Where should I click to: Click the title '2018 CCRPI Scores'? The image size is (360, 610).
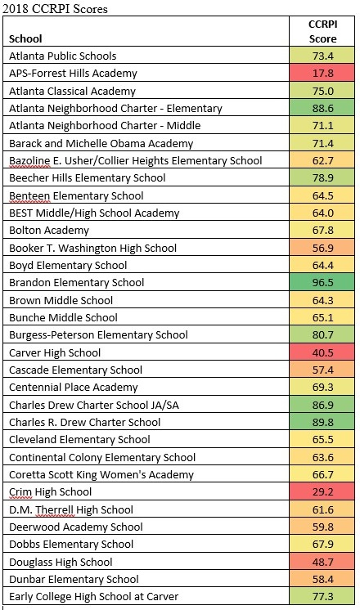(x=55, y=8)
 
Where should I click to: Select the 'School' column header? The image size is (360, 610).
(x=25, y=38)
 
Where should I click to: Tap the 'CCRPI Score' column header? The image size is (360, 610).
(x=322, y=31)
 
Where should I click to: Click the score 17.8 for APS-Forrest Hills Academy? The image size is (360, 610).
(x=322, y=73)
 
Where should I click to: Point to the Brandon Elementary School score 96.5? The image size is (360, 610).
(x=322, y=282)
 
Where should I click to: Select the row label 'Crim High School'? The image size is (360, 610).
(x=50, y=491)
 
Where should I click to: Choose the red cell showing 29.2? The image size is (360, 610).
(x=322, y=491)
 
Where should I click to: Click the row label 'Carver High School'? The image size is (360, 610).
(x=55, y=352)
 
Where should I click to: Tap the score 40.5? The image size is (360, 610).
(x=322, y=352)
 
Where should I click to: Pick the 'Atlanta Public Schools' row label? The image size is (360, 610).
(x=63, y=56)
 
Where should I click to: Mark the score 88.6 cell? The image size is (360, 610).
(x=322, y=108)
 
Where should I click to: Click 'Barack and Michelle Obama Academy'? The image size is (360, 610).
(x=101, y=143)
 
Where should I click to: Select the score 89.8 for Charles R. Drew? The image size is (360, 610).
(x=322, y=422)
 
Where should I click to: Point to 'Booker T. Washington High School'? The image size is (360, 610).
(x=92, y=248)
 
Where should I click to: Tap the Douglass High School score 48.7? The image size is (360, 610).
(x=322, y=562)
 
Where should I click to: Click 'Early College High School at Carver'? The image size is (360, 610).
(x=94, y=596)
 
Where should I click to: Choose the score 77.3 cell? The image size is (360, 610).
(x=322, y=596)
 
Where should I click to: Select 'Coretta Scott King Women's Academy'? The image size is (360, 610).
(x=101, y=474)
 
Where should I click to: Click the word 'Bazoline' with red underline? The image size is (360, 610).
(x=29, y=160)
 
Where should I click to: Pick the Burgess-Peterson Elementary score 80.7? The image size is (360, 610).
(x=322, y=334)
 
